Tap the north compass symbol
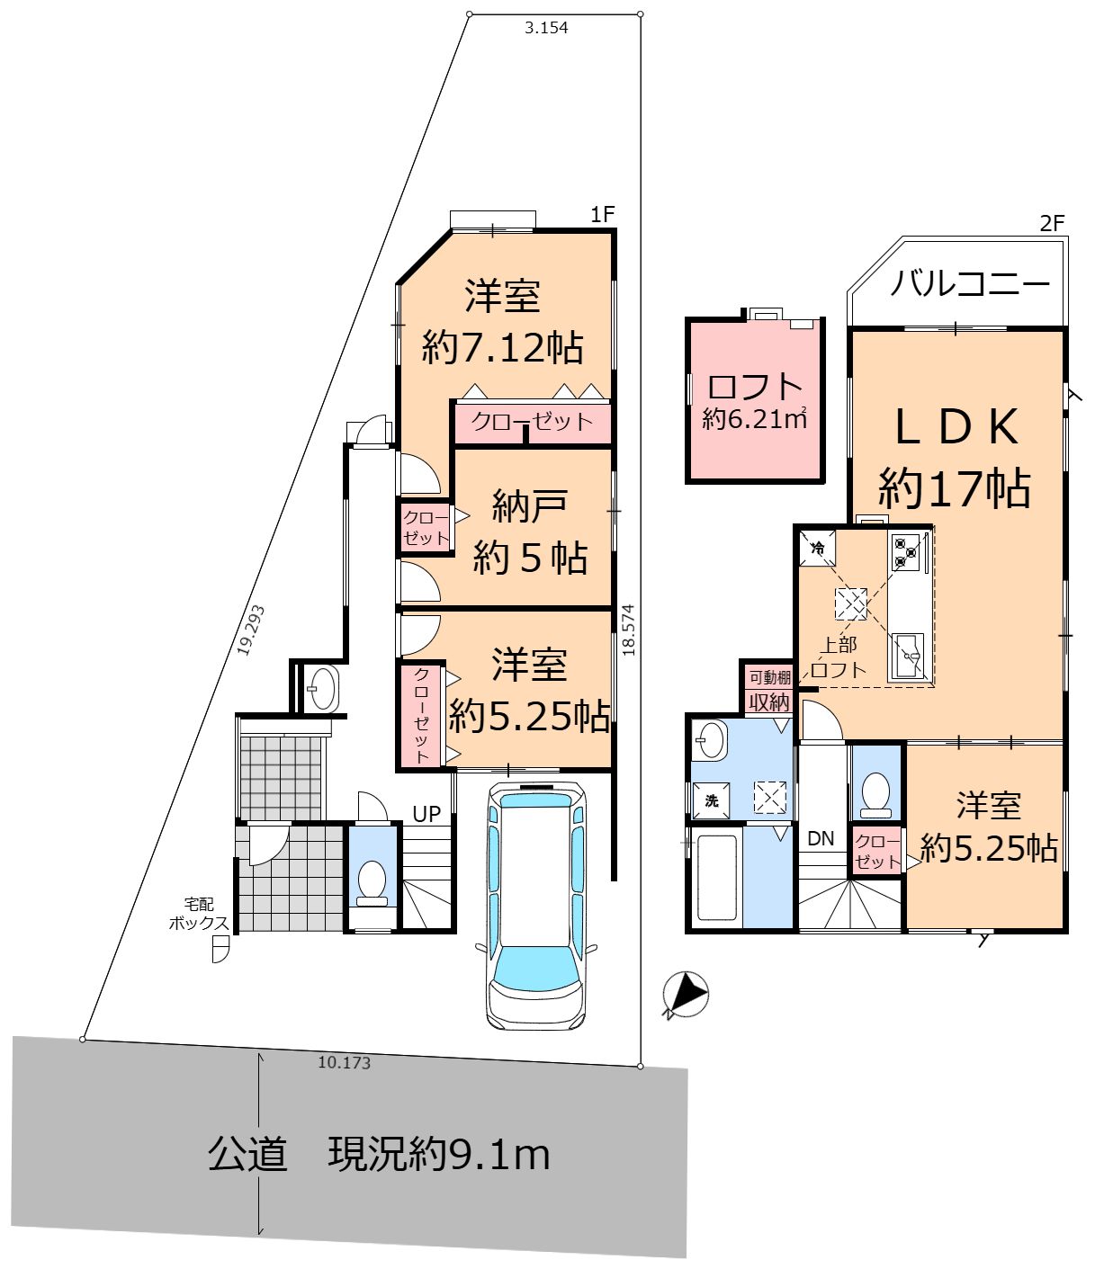[x=686, y=995]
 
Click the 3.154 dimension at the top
[x=546, y=28]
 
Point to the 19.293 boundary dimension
[x=251, y=630]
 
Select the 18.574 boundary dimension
[x=628, y=630]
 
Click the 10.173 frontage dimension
[x=344, y=1063]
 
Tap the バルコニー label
[x=970, y=284]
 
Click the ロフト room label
[x=755, y=388]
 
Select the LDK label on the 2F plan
[x=956, y=426]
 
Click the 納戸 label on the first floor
[x=529, y=508]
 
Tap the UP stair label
[x=426, y=814]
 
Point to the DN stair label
[x=821, y=838]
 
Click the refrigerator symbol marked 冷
[x=817, y=548]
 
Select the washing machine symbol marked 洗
[x=711, y=800]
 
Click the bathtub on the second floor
[x=717, y=878]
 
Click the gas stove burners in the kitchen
[x=906, y=552]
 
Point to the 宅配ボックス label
[x=198, y=914]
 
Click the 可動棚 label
[x=769, y=677]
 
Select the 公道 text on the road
[x=247, y=1154]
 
